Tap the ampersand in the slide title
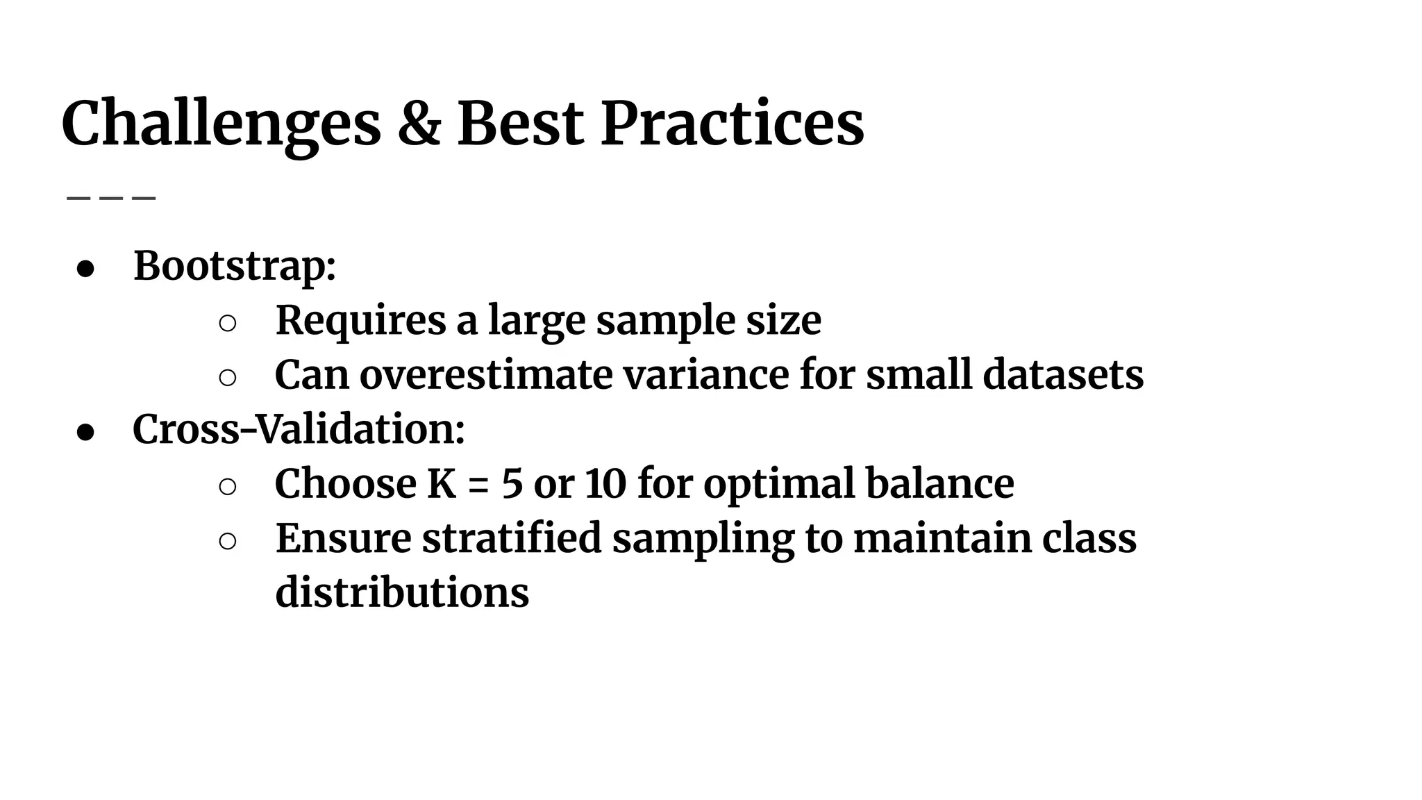coord(419,124)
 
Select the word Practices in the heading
coord(732,124)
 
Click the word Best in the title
coord(520,124)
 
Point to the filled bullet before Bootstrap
coord(85,269)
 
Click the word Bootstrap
coord(235,267)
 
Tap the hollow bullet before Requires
coord(228,323)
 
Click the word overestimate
coord(486,375)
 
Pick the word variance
coord(705,375)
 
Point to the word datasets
coord(1063,375)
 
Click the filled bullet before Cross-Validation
coord(85,432)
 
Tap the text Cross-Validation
coord(299,429)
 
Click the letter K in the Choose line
coord(442,484)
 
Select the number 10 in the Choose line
coord(605,484)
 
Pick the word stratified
coord(512,538)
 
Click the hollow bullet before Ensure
coord(228,541)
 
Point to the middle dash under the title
coord(111,198)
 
